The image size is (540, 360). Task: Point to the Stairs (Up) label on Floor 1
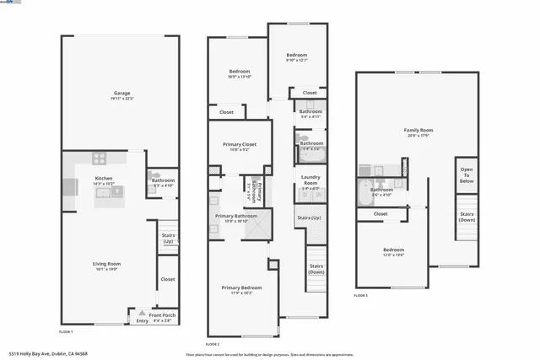[x=169, y=239]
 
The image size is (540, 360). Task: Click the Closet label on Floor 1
[x=167, y=278]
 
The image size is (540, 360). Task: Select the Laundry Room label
[x=310, y=180]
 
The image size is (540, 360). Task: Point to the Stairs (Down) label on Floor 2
[x=316, y=269]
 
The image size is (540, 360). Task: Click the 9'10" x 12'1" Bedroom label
[x=296, y=56]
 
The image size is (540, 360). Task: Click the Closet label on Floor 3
[x=381, y=214]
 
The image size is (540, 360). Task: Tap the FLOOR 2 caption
[x=213, y=344]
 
